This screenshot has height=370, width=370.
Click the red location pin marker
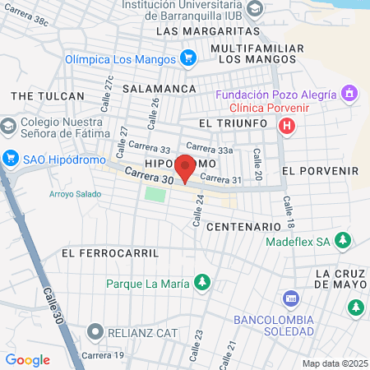(185, 168)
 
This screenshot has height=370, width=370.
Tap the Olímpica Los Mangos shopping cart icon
(188, 59)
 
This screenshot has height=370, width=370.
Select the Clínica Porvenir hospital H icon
(286, 126)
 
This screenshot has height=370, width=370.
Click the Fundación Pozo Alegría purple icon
(351, 93)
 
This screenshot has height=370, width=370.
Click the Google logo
(28, 359)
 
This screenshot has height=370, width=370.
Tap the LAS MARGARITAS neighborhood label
(207, 31)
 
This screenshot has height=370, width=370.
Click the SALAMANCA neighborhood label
(160, 88)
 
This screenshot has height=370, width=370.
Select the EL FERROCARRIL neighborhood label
(109, 253)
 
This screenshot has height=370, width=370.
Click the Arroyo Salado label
(76, 195)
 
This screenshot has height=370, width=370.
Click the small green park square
(155, 194)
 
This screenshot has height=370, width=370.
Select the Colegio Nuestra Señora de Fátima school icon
(9, 126)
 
